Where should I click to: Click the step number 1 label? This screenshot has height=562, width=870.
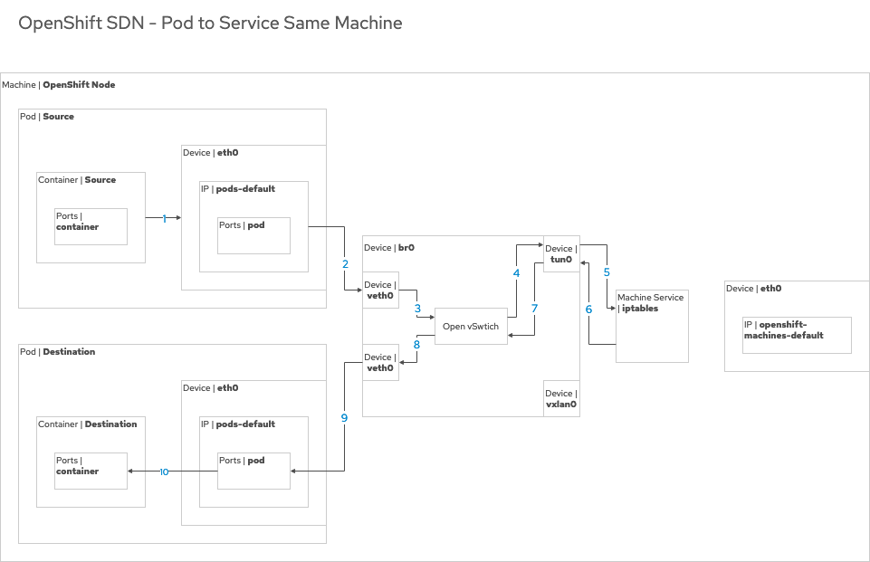pyautogui.click(x=165, y=218)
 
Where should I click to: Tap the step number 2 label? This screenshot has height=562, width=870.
pyautogui.click(x=345, y=264)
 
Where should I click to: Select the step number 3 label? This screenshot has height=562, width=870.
pyautogui.click(x=417, y=309)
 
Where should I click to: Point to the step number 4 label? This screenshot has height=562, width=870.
pyautogui.click(x=516, y=272)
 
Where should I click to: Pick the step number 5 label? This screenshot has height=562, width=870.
pyautogui.click(x=607, y=271)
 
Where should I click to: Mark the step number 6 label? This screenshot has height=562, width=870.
pyautogui.click(x=588, y=309)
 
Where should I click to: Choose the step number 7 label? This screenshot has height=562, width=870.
pyautogui.click(x=534, y=309)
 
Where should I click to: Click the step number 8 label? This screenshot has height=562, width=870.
pyautogui.click(x=416, y=345)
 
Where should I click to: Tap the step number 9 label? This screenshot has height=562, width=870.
pyautogui.click(x=344, y=417)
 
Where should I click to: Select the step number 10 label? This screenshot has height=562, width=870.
pyautogui.click(x=164, y=472)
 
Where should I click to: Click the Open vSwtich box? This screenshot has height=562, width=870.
pyautogui.click(x=471, y=326)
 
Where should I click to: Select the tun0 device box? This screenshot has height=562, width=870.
pyautogui.click(x=561, y=254)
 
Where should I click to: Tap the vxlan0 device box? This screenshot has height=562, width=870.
pyautogui.click(x=561, y=398)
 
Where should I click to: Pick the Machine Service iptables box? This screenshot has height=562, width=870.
pyautogui.click(x=652, y=326)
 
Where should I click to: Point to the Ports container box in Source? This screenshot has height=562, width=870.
pyautogui.click(x=91, y=226)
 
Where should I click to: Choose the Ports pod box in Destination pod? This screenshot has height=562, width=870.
pyautogui.click(x=253, y=471)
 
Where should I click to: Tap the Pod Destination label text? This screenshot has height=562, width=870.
pyautogui.click(x=57, y=352)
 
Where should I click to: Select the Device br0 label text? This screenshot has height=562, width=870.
pyautogui.click(x=389, y=247)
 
